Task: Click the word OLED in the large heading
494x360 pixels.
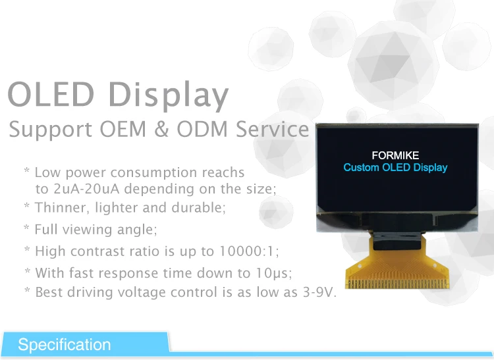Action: [x=51, y=94]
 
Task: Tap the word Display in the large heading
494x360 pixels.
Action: [x=169, y=96]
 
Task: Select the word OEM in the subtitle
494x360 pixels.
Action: [x=123, y=129]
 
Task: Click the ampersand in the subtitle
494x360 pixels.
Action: [x=161, y=129]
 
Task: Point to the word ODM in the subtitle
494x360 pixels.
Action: [x=202, y=129]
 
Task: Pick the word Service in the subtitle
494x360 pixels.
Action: [x=272, y=129]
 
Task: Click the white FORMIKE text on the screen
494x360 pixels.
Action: [x=395, y=155]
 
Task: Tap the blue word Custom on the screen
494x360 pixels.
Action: [x=362, y=167]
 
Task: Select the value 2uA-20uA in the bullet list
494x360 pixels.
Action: [x=87, y=189]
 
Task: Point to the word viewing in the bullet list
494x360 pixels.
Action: [x=87, y=230]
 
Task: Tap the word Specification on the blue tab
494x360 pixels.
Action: [x=65, y=345]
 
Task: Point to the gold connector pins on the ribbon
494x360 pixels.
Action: [x=397, y=284]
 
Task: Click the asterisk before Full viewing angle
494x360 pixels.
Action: [x=27, y=227]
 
